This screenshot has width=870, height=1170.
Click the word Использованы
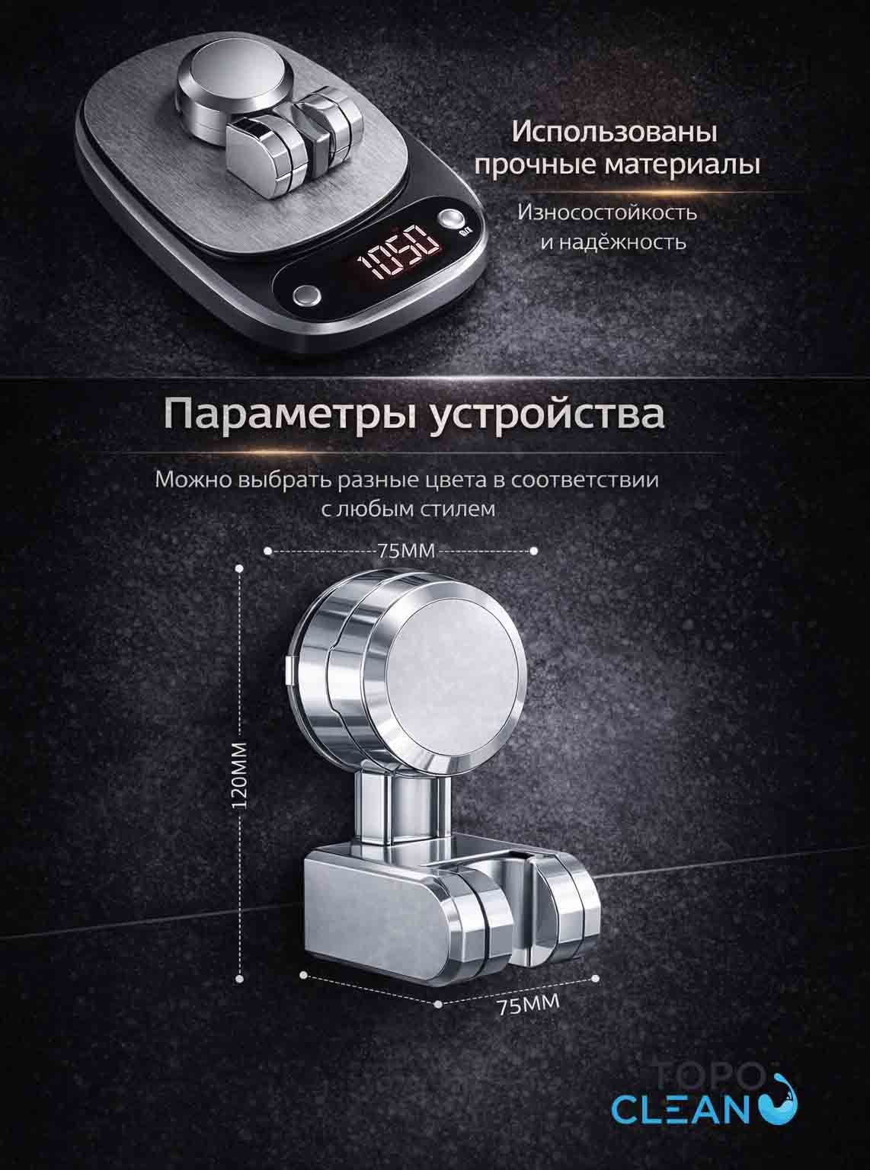[615, 133]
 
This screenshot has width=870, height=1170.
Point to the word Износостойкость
[607, 213]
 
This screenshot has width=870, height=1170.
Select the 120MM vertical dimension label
[239, 775]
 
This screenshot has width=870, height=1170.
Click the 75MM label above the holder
[406, 551]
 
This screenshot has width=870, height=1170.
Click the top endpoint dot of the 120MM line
[239, 569]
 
